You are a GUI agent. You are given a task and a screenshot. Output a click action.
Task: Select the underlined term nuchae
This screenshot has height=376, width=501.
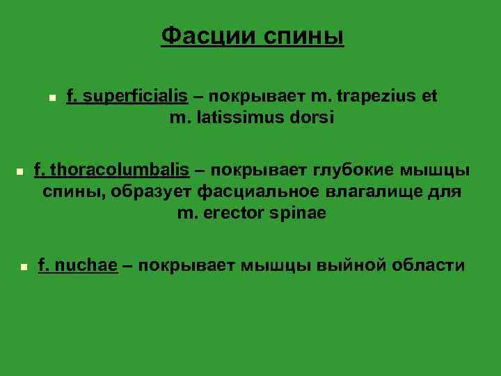click(86, 265)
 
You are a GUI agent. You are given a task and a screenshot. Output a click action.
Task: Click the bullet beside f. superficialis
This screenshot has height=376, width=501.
click(51, 98)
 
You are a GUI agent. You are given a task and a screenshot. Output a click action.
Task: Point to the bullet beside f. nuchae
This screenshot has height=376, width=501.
click(23, 267)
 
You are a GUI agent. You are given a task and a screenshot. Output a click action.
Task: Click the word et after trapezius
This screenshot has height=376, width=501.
click(429, 96)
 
